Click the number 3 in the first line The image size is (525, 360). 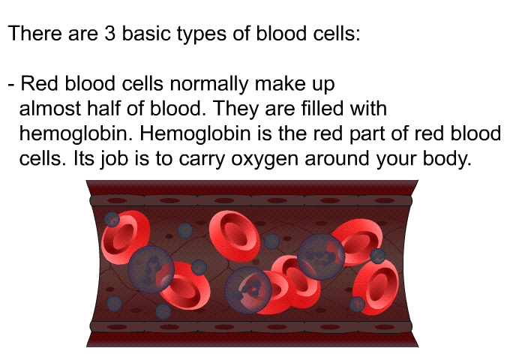tap(109, 34)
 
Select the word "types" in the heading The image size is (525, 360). tap(202, 35)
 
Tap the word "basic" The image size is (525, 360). tap(146, 34)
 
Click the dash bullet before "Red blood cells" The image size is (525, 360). tap(11, 85)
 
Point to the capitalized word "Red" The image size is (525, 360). tap(40, 83)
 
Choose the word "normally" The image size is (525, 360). tap(209, 85)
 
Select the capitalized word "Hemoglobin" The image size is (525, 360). tap(195, 134)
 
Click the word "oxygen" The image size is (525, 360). tap(265, 160)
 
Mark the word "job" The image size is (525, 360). tap(115, 159)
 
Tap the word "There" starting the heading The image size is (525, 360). tap(35, 34)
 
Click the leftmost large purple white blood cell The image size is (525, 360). tap(151, 269)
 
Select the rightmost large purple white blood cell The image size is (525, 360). tap(321, 256)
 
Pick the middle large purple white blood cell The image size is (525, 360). tap(248, 290)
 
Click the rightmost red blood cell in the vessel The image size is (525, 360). tap(376, 287)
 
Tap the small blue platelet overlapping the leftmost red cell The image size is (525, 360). tap(112, 219)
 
